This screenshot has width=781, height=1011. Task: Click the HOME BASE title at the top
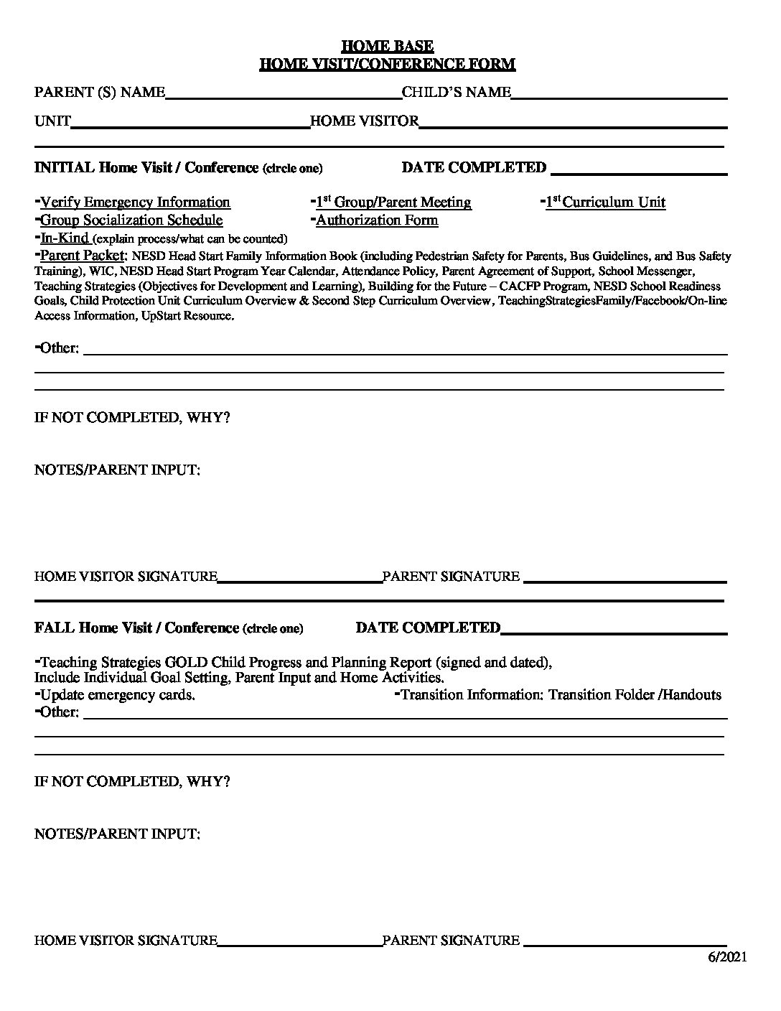coord(387,46)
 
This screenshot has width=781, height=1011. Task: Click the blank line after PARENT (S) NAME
coord(283,94)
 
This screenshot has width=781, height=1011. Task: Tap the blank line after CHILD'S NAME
coord(619,94)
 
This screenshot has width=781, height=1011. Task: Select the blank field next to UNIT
coord(190,123)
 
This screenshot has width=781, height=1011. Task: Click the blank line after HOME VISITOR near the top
coord(572,123)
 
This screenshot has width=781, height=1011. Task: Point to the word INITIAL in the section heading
coord(64,168)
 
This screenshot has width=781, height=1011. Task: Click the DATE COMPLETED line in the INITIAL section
coord(638,170)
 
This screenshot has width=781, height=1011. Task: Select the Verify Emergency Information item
coord(135,202)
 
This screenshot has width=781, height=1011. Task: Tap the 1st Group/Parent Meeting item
coord(393,202)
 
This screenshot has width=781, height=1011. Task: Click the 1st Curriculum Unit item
coord(605,202)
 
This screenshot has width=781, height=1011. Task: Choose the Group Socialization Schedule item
coord(131,220)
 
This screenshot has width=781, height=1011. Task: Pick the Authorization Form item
coord(377,220)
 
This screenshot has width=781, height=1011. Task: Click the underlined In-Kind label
coord(64,238)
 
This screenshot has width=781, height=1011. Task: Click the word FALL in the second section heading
coord(55,628)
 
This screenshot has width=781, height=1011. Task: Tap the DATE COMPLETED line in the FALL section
coord(614,630)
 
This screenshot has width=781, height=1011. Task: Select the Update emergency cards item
coord(117,695)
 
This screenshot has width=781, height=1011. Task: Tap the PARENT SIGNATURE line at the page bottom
coord(625,943)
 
